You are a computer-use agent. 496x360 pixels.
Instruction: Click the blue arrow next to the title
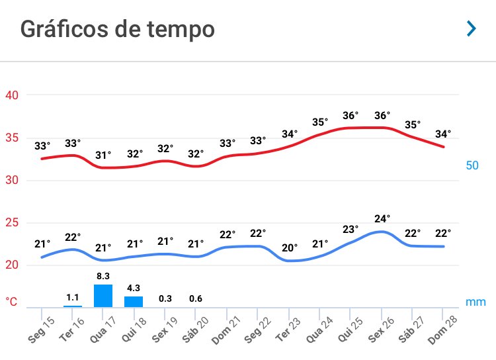point(471,28)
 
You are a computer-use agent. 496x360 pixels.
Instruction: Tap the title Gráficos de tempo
point(118,30)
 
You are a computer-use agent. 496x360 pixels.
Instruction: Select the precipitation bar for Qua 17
point(103,295)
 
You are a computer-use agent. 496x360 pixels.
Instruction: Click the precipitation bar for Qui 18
point(134,301)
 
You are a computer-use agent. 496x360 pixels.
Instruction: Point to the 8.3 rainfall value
point(103,276)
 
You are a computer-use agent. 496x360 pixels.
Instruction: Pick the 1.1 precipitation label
point(73,298)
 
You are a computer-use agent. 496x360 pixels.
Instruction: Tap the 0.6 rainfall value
point(196,298)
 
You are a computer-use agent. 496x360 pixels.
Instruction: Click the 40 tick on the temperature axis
point(13,95)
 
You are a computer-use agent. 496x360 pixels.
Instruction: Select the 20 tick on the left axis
point(13,265)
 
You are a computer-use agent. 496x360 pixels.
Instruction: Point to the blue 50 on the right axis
point(472,165)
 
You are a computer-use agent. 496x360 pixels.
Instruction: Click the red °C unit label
point(12,302)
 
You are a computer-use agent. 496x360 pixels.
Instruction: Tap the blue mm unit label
point(475,302)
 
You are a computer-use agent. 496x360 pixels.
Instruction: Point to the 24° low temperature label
point(382,218)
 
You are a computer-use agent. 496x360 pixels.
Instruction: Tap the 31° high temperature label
point(104,154)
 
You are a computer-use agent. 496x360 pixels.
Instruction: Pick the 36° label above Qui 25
point(352,116)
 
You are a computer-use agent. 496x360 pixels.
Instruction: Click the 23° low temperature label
point(351,230)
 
